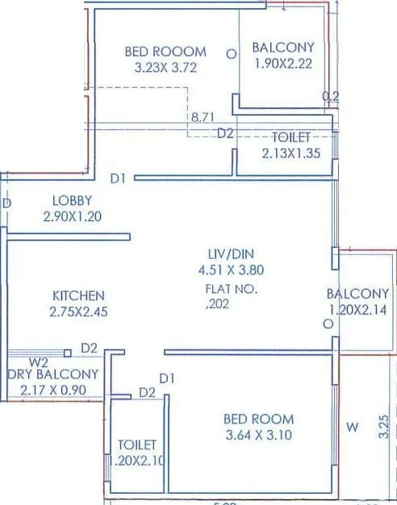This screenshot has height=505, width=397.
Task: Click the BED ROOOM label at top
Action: point(165,51)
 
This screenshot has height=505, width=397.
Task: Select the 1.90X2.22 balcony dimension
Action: point(282,64)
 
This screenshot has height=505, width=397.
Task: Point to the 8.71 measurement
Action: point(203,118)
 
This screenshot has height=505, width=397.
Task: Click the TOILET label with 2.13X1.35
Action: point(291,136)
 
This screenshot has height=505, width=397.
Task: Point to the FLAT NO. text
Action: point(231,288)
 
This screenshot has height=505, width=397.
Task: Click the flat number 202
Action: point(219,304)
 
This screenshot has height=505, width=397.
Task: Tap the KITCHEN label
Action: point(79,296)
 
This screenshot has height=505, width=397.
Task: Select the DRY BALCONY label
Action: point(53,374)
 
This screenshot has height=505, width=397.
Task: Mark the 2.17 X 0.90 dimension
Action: point(53,390)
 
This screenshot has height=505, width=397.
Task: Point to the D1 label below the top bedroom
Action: point(119,177)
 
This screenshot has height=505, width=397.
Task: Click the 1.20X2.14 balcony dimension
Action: point(357,310)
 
